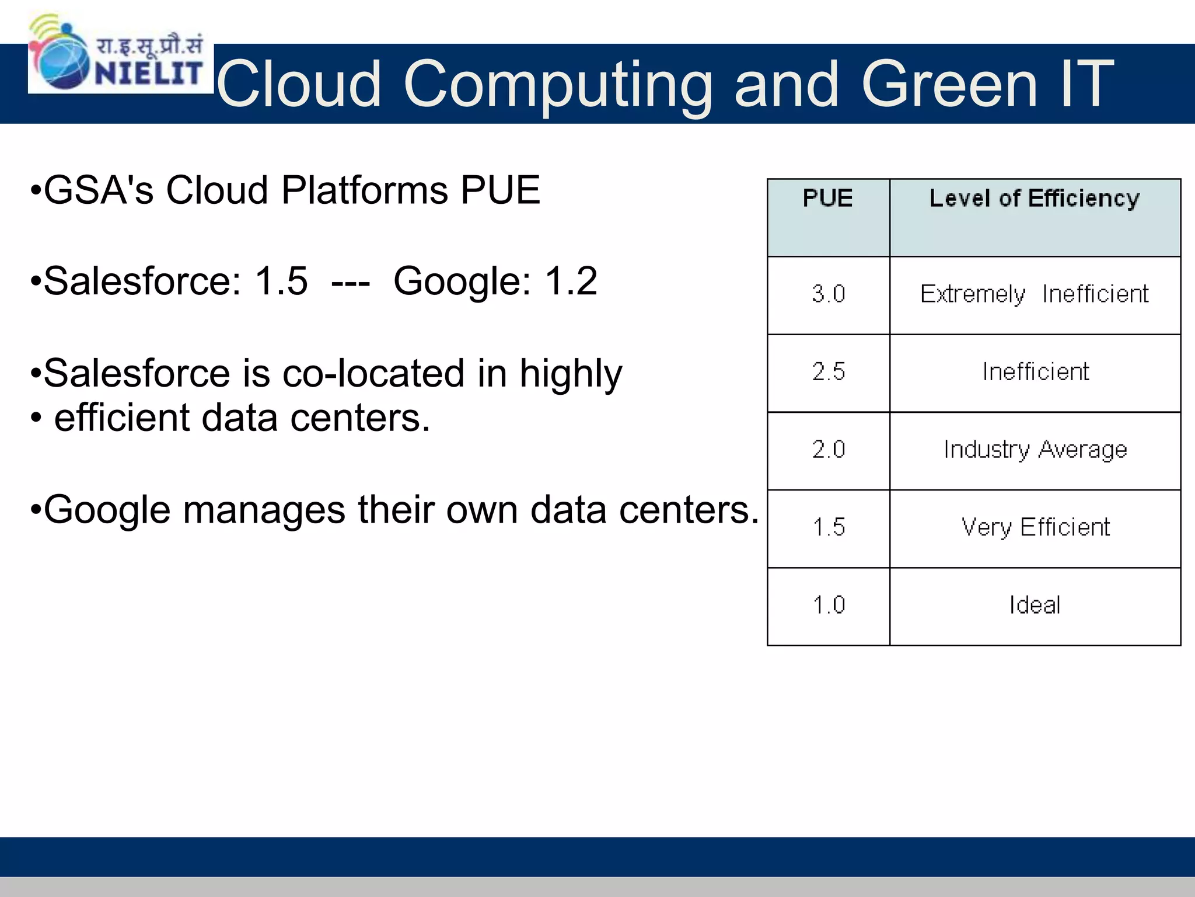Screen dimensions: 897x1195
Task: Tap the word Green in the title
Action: (949, 84)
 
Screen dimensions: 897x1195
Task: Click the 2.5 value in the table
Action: (828, 372)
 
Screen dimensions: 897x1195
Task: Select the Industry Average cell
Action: (1035, 450)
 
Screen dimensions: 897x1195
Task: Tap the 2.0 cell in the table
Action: (828, 450)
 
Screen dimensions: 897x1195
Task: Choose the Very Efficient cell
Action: (1035, 527)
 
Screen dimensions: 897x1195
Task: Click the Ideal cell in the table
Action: (1035, 605)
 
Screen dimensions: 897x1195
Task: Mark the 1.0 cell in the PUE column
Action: (828, 605)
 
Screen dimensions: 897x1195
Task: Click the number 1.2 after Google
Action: (571, 281)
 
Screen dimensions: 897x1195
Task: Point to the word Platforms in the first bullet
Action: (365, 190)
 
